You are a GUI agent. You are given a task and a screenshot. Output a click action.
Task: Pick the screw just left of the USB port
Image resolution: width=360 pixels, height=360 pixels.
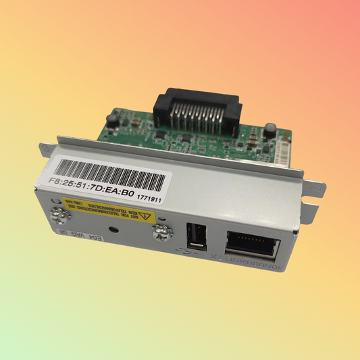[x=161, y=234]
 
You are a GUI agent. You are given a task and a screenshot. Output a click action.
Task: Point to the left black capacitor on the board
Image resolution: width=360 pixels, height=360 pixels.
[x=111, y=122]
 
